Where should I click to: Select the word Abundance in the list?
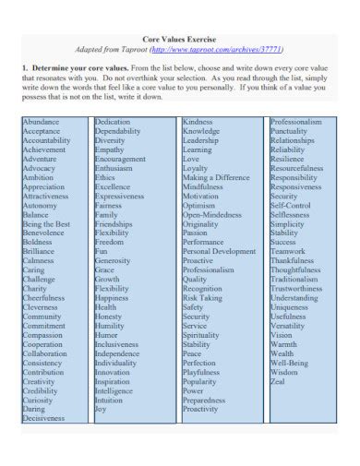(42, 122)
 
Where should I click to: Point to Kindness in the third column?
(198, 122)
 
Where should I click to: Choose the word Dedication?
(113, 122)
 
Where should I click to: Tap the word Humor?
(107, 334)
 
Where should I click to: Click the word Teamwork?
(290, 249)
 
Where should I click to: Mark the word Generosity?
(114, 259)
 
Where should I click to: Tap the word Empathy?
(109, 150)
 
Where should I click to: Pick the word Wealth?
(283, 352)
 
